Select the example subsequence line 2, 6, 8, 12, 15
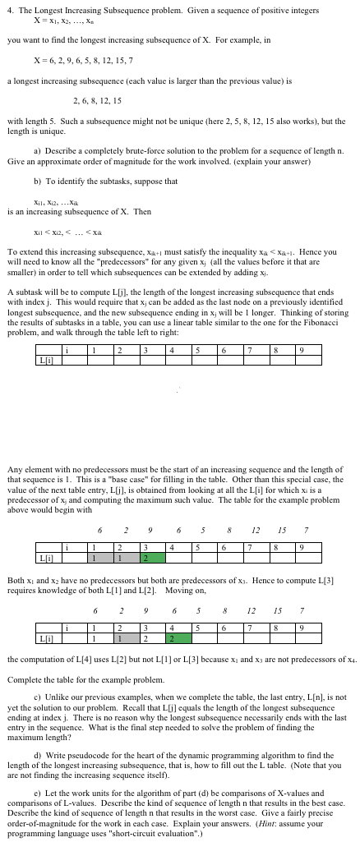coord(97,100)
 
